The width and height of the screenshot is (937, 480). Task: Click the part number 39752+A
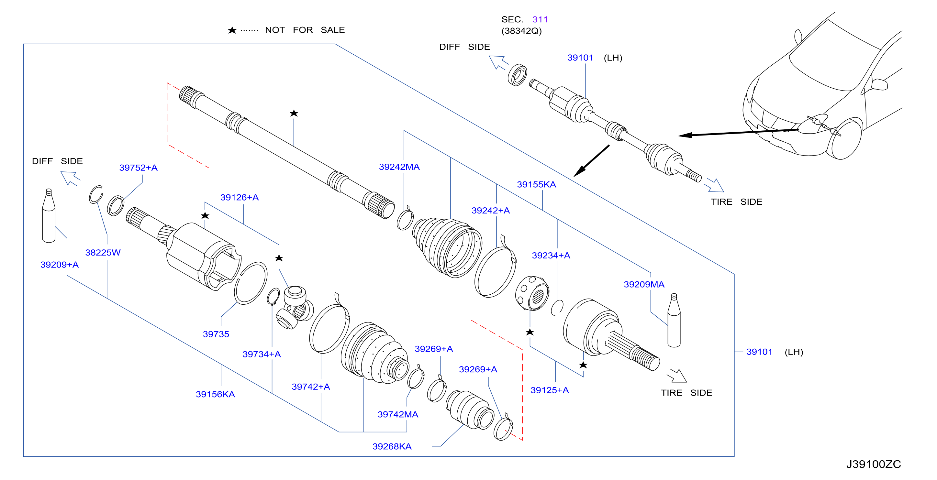pos(138,168)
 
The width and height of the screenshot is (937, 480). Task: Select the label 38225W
pos(103,252)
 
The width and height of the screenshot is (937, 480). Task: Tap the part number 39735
pos(216,334)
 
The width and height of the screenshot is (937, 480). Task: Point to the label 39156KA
pos(215,394)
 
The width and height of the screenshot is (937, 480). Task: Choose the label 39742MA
pos(397,414)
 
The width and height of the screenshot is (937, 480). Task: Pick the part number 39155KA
pos(537,184)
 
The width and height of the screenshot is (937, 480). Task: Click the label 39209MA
pos(644,284)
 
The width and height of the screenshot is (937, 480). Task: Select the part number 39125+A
pos(550,390)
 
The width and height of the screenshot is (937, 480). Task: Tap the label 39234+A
pos(551,255)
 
